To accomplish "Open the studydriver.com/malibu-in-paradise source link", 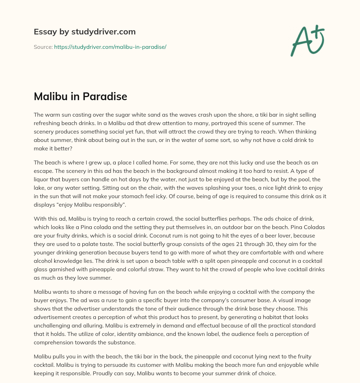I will [110, 47].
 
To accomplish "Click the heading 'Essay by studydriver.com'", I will [84, 32].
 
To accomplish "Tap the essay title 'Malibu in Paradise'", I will [80, 97].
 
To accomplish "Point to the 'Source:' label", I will [43, 47].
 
